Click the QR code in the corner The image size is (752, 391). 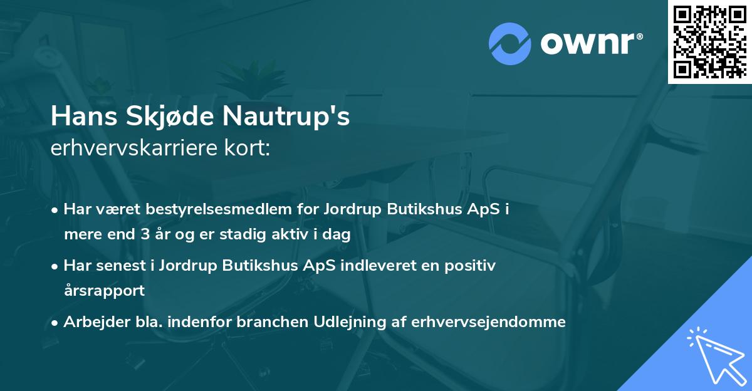pyautogui.click(x=709, y=41)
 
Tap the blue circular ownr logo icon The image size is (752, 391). pyautogui.click(x=509, y=43)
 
